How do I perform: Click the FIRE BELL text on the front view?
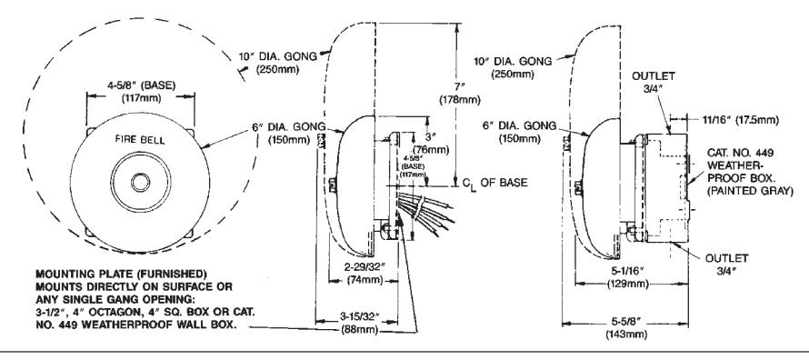[140, 140]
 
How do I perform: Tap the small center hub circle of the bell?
[140, 182]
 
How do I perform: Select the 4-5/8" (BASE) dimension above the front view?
[140, 91]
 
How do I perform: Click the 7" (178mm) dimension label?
[459, 94]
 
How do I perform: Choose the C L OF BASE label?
[494, 183]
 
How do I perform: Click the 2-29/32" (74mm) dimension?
[364, 275]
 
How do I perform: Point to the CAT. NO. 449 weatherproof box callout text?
[751, 171]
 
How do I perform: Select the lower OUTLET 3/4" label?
[726, 264]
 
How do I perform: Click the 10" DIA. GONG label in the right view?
[513, 67]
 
